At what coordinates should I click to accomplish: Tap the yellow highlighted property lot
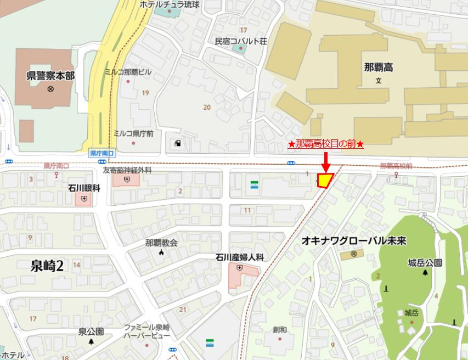(325, 180)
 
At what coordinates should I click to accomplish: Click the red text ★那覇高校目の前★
(326, 144)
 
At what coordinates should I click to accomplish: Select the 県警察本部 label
(50, 76)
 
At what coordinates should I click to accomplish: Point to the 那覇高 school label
(378, 67)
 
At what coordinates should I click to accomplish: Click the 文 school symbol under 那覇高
(378, 81)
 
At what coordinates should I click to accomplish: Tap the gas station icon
(178, 144)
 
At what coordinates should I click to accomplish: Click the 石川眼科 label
(84, 188)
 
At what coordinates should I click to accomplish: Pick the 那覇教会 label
(161, 243)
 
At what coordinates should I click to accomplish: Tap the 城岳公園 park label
(425, 263)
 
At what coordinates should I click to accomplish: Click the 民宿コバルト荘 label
(240, 41)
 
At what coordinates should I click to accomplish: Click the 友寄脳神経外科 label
(127, 170)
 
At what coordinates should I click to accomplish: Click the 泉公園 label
(91, 331)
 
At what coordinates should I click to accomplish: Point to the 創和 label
(280, 330)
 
